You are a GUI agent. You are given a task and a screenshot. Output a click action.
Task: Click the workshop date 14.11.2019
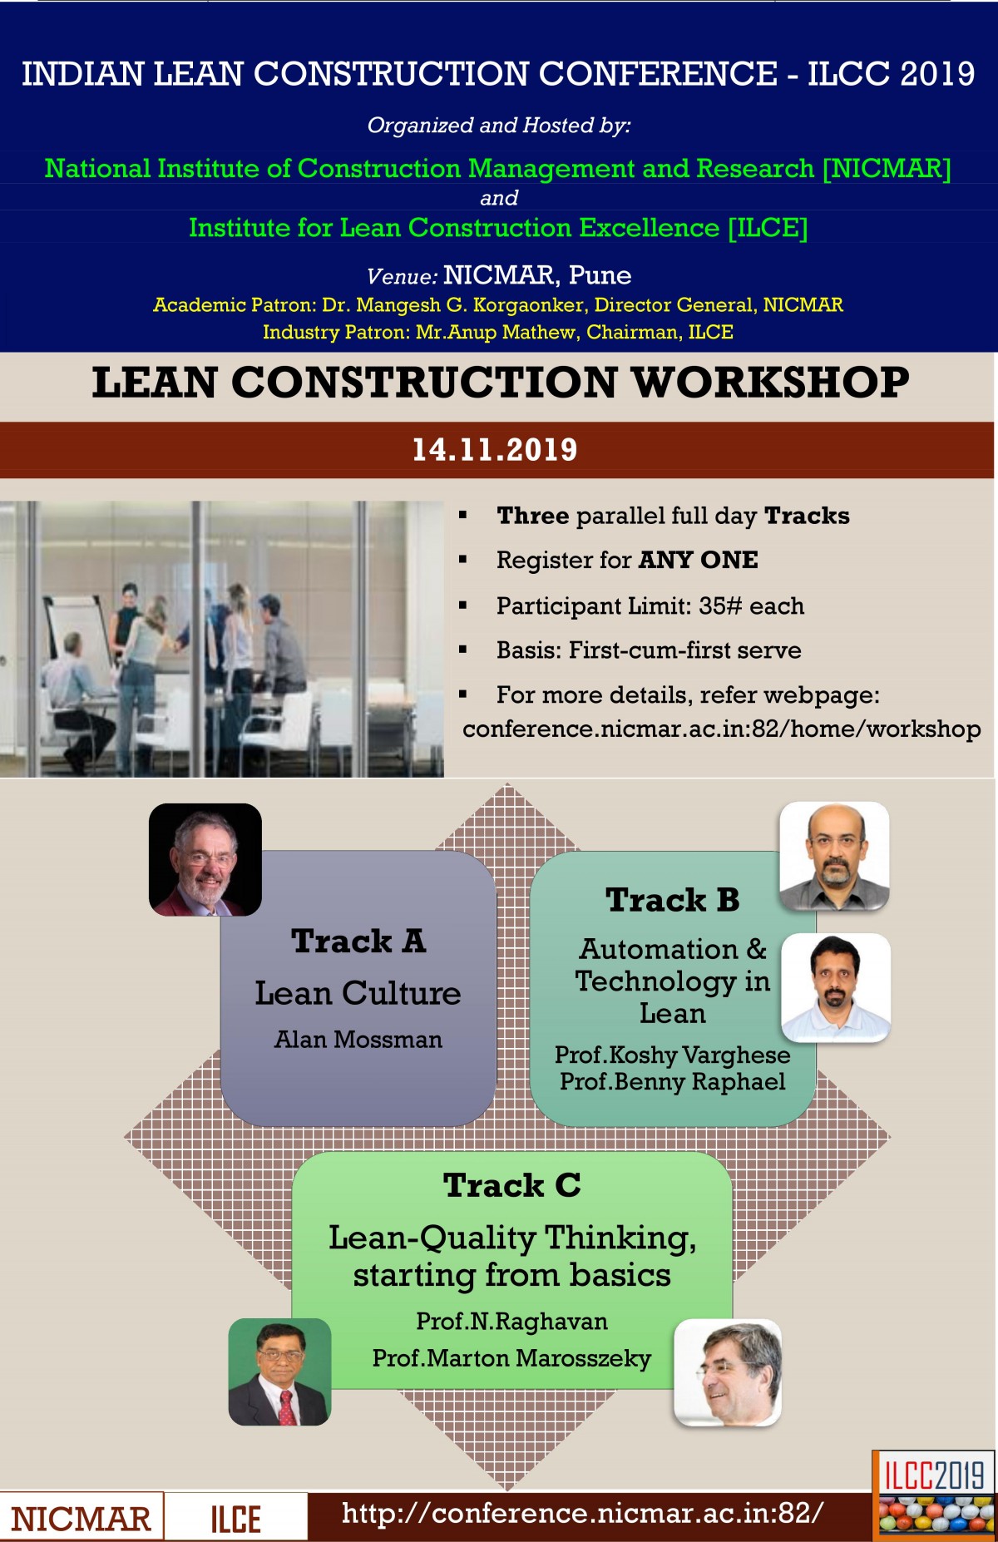[x=495, y=450]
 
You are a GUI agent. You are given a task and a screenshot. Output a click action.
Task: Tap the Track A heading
[x=358, y=942]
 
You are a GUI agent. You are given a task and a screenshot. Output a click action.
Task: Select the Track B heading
[x=673, y=900]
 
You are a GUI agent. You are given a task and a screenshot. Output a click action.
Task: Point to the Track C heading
[x=512, y=1185]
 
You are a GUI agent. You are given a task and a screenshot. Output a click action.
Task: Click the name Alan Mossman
[x=358, y=1040]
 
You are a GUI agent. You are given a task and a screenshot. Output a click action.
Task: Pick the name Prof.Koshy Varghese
[x=673, y=1055]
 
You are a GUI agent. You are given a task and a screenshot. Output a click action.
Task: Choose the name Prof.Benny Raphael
[x=673, y=1082]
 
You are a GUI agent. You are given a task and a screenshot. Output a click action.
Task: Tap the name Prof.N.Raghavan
[x=512, y=1322]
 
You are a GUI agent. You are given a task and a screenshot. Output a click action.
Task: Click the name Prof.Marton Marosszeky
[x=512, y=1358]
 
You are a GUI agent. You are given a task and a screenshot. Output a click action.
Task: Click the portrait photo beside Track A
[x=205, y=860]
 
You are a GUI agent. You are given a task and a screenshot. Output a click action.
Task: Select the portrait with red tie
[x=280, y=1371]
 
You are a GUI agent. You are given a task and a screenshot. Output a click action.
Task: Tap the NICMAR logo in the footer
[x=81, y=1519]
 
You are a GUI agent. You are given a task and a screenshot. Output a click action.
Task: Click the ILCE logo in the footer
[x=235, y=1519]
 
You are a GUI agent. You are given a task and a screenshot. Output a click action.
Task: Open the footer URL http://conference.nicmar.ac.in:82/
[x=583, y=1513]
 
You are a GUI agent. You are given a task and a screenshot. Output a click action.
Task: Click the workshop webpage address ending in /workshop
[x=722, y=729]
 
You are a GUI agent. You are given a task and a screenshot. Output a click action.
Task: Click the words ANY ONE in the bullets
[x=699, y=560]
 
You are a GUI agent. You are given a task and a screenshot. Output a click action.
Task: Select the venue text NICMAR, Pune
[x=537, y=275]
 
